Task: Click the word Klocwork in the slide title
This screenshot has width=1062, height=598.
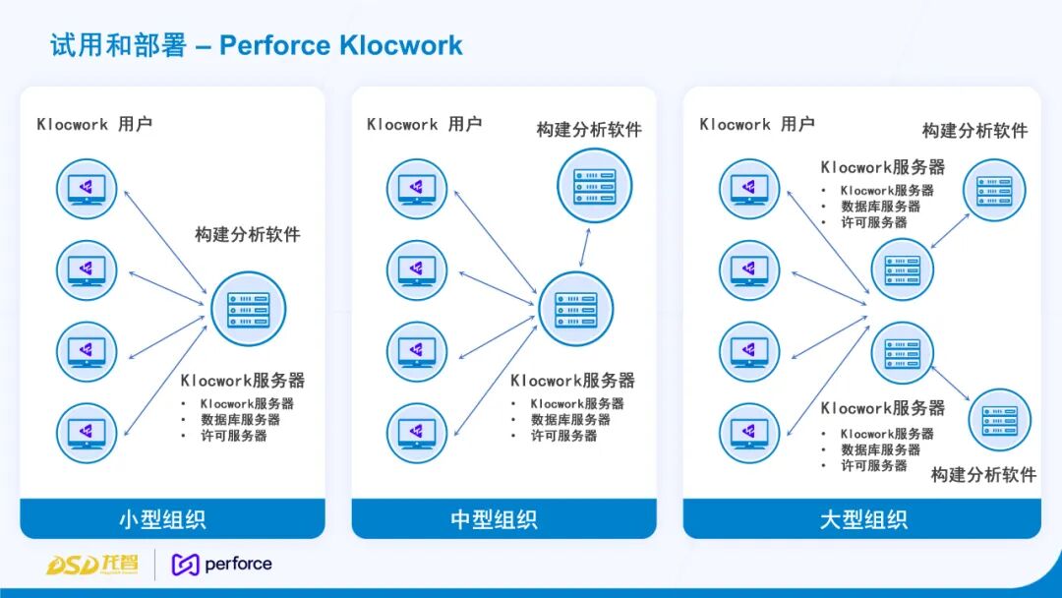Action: [x=401, y=45]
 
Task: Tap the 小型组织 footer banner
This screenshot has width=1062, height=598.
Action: [x=172, y=518]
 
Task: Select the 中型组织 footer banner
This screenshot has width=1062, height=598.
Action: [x=503, y=518]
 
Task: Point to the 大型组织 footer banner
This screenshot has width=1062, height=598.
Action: [x=861, y=518]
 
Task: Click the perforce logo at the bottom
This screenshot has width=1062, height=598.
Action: [x=222, y=565]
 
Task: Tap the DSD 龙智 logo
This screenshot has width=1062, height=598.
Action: [x=92, y=565]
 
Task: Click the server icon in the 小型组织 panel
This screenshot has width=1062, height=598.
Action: [x=249, y=309]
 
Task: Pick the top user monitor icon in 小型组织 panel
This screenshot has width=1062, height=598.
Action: [x=87, y=189]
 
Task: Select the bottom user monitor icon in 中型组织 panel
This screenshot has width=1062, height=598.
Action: [x=417, y=434]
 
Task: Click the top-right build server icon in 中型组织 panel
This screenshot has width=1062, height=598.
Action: [x=595, y=186]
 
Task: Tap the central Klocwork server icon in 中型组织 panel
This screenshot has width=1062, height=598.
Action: [x=575, y=309]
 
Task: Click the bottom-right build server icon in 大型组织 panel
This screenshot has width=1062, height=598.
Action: [x=1000, y=420]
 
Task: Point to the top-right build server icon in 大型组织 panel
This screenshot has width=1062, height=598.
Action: [x=994, y=190]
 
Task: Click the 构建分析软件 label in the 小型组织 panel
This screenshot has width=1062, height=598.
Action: [x=248, y=235]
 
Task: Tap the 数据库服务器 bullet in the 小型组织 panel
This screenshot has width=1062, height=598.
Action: [x=241, y=420]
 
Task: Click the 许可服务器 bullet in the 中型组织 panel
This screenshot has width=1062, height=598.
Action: [x=563, y=436]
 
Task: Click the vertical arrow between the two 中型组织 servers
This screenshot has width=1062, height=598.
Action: [x=584, y=247]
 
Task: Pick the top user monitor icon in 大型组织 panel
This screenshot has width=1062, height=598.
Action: [x=749, y=189]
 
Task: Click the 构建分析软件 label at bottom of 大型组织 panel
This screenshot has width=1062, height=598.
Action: [x=983, y=475]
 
